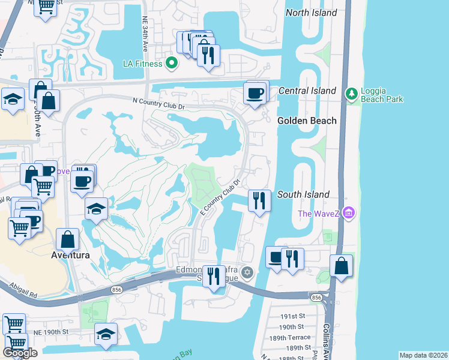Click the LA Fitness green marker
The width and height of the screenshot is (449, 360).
tap(171, 62)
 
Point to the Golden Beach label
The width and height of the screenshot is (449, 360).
tap(307, 121)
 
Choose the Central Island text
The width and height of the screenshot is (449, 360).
tap(307, 91)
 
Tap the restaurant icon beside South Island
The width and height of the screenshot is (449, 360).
tap(259, 200)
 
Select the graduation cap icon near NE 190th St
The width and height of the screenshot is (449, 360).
tap(106, 334)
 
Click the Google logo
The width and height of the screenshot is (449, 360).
tap(20, 353)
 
